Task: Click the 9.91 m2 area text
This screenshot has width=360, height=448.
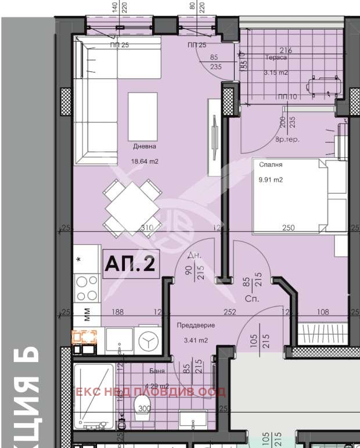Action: click(x=270, y=180)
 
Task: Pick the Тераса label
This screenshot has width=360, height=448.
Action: click(x=276, y=58)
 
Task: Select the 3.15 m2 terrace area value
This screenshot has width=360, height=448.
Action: click(x=276, y=73)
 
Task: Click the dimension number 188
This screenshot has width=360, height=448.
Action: click(x=117, y=312)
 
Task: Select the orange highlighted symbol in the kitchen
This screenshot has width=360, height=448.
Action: click(x=84, y=337)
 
